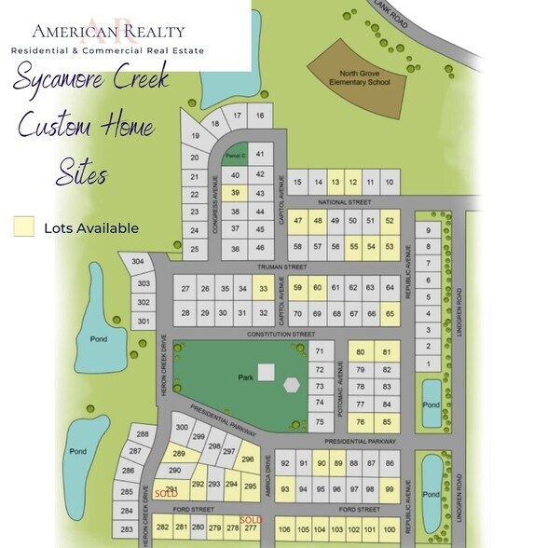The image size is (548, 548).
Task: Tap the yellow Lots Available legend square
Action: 24,226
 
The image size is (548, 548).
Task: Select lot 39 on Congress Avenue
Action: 236,193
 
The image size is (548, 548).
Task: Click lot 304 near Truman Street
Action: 139,262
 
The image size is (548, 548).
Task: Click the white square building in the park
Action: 267,372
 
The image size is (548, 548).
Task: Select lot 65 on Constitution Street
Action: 390,313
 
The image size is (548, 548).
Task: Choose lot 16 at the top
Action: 260,116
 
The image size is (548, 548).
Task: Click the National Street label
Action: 345,201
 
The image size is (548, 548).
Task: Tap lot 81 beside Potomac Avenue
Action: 386,351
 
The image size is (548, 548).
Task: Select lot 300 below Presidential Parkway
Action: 182,427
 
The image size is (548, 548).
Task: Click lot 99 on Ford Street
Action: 390,489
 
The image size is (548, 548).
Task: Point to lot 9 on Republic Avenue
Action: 429,230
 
